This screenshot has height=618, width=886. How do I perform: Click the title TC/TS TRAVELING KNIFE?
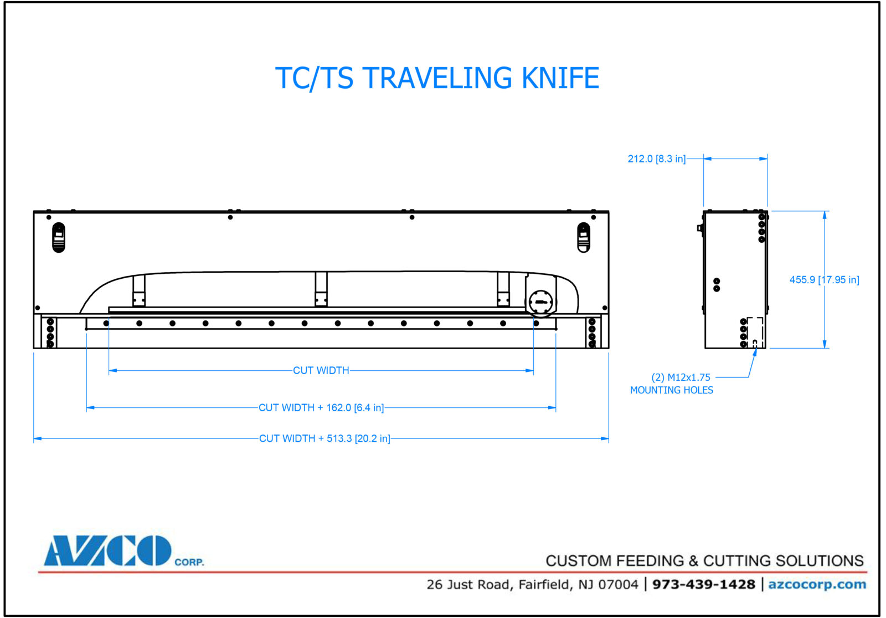click(437, 78)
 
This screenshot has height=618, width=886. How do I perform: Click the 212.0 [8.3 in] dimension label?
click(656, 159)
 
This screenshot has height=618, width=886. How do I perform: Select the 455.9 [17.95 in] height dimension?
click(824, 280)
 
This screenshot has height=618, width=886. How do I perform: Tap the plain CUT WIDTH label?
click(321, 370)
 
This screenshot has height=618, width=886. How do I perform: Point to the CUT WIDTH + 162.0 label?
click(321, 408)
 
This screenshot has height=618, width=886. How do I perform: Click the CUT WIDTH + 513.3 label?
click(324, 438)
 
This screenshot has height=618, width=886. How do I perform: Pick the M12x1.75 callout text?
click(681, 377)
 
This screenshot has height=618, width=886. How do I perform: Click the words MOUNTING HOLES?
click(671, 390)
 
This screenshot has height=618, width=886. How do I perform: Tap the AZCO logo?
click(108, 550)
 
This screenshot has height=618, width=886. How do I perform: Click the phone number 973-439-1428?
click(703, 584)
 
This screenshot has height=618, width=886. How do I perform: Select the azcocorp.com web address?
click(817, 584)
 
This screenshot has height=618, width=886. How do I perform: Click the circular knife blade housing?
click(541, 303)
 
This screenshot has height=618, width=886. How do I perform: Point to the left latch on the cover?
click(59, 237)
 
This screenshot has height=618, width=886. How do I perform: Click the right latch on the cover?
click(583, 237)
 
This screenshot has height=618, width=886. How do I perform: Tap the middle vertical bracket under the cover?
click(321, 289)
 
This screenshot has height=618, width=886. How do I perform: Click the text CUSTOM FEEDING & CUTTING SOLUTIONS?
click(704, 561)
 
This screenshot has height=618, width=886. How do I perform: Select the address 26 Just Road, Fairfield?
click(532, 584)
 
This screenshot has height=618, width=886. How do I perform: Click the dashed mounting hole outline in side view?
click(755, 331)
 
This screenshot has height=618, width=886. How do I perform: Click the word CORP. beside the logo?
click(189, 562)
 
